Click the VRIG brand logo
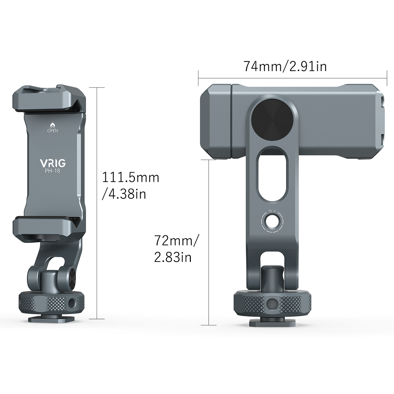coord(53,163)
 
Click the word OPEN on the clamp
coord(53,131)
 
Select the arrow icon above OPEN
coord(53,125)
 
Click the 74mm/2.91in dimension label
coord(285,67)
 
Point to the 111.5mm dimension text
coord(130,178)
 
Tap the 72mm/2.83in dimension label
coord(176,249)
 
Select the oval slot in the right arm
coord(272,175)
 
